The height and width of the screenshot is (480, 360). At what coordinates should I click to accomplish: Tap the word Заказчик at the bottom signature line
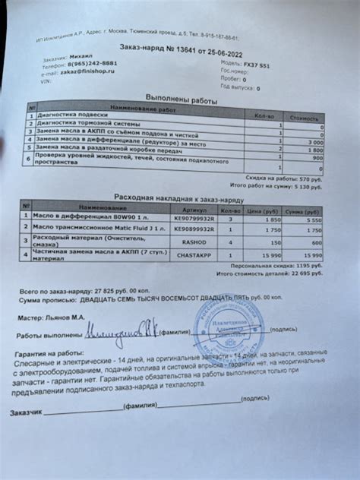(30, 413)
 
